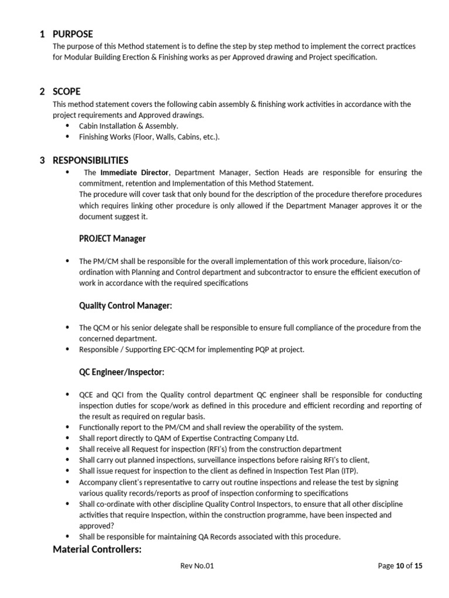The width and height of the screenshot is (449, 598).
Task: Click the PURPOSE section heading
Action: pos(72,34)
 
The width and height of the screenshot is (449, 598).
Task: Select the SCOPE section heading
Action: pos(67,92)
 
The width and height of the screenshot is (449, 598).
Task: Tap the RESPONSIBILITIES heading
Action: pos(91,160)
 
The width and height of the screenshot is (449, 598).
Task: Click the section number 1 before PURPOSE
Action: pos(42,34)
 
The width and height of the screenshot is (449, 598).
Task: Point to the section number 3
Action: pos(42,160)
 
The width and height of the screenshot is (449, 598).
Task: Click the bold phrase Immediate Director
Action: pos(134,173)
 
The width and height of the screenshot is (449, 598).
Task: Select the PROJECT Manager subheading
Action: pos(112,238)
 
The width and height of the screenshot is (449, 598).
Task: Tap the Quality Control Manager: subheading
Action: pos(126,305)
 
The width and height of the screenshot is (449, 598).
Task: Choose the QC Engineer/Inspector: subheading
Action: pos(122,372)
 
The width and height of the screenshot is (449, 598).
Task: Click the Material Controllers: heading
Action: pos(97,549)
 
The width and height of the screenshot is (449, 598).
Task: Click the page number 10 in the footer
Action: pos(400,565)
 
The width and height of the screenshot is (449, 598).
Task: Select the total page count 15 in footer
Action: pos(417,565)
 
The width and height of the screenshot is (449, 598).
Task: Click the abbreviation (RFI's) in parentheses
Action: pos(196,449)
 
